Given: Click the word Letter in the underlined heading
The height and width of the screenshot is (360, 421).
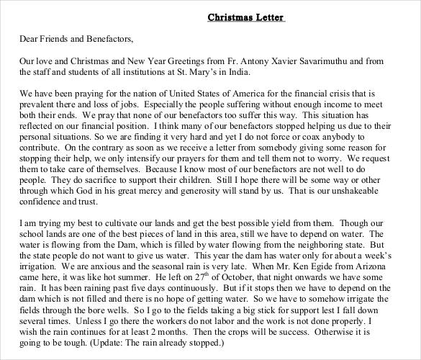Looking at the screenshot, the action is (266, 17).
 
